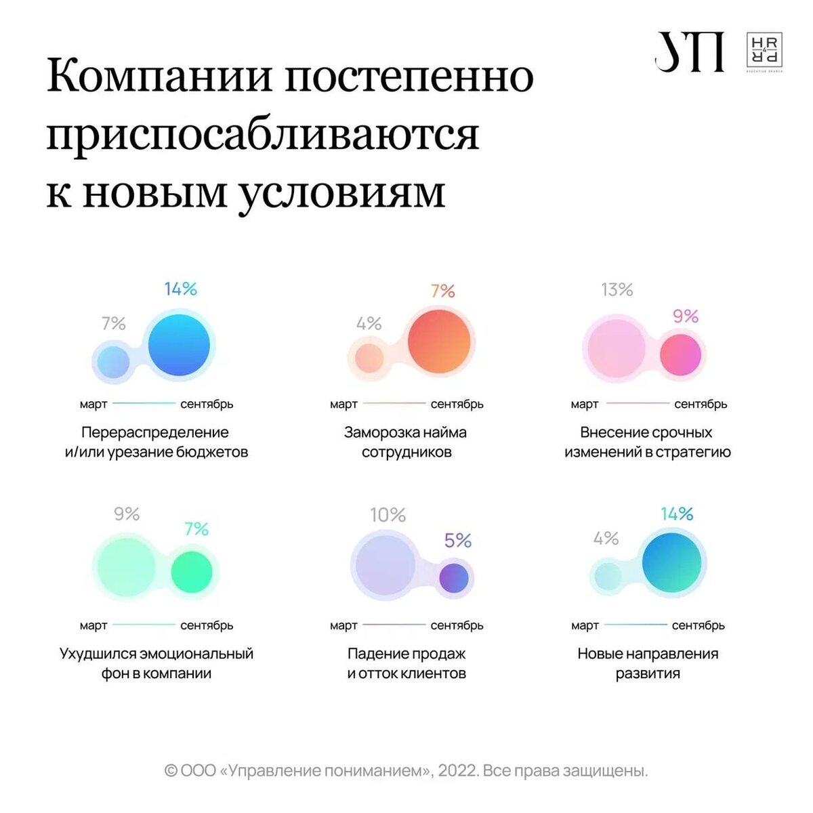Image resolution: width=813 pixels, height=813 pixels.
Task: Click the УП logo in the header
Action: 688,51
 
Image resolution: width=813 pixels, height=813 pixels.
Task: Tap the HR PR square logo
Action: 764,51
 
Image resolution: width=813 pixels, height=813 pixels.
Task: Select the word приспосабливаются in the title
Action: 263,134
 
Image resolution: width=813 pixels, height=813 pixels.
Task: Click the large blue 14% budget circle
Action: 179,345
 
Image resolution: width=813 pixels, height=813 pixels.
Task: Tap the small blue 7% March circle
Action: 112,362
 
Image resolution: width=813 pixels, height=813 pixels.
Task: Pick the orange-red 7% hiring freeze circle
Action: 439,341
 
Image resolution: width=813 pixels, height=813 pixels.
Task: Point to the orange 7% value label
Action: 442,291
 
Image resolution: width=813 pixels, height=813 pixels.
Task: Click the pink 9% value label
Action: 685,316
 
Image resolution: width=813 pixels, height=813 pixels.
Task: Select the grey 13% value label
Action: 617,290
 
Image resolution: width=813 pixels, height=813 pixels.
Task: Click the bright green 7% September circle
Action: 192,572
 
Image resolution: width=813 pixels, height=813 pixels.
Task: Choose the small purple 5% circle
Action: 453,579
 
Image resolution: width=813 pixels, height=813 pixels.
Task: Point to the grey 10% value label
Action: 388,516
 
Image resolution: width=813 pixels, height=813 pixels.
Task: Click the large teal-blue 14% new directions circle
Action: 671,562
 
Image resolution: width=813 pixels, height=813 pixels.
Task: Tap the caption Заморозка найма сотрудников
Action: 406,442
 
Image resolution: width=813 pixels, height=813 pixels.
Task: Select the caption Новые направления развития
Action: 648,663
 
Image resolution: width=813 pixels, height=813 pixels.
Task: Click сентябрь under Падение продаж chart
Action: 457,625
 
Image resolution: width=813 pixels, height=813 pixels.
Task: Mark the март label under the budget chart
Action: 93,404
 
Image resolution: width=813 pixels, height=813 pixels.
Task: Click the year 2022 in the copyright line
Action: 457,771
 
